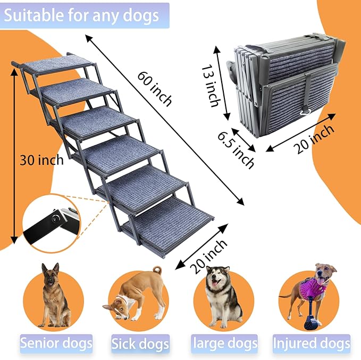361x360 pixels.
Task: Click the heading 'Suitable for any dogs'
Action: pos(83,15)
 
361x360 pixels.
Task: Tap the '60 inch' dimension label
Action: pos(154,88)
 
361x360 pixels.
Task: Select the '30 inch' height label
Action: pos(41,160)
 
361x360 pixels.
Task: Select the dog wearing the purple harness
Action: pos(314,290)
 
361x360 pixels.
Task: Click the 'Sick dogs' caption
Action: pos(140,344)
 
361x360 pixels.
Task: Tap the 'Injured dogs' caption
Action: pos(311,344)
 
